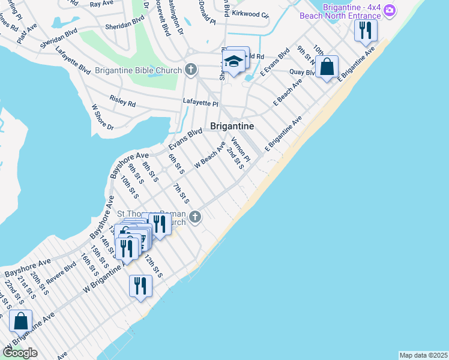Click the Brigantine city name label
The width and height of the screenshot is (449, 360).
(232, 126)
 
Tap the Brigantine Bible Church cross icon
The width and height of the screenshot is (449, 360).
(191, 70)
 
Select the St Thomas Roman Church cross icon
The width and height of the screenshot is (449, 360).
(194, 217)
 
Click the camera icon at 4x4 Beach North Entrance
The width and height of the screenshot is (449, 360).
(390, 10)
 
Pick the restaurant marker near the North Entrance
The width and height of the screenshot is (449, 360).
(366, 30)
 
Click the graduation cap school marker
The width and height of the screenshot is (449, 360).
(233, 62)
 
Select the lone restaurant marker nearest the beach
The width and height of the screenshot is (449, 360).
(140, 285)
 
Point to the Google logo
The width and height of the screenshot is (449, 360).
(19, 352)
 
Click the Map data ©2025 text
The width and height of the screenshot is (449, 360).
(424, 355)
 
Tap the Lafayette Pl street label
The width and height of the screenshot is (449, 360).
(200, 103)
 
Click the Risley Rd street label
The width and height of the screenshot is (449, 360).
(122, 100)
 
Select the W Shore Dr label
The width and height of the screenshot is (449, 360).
(102, 117)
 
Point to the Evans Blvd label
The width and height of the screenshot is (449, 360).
(185, 139)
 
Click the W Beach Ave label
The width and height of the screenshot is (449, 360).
(209, 154)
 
